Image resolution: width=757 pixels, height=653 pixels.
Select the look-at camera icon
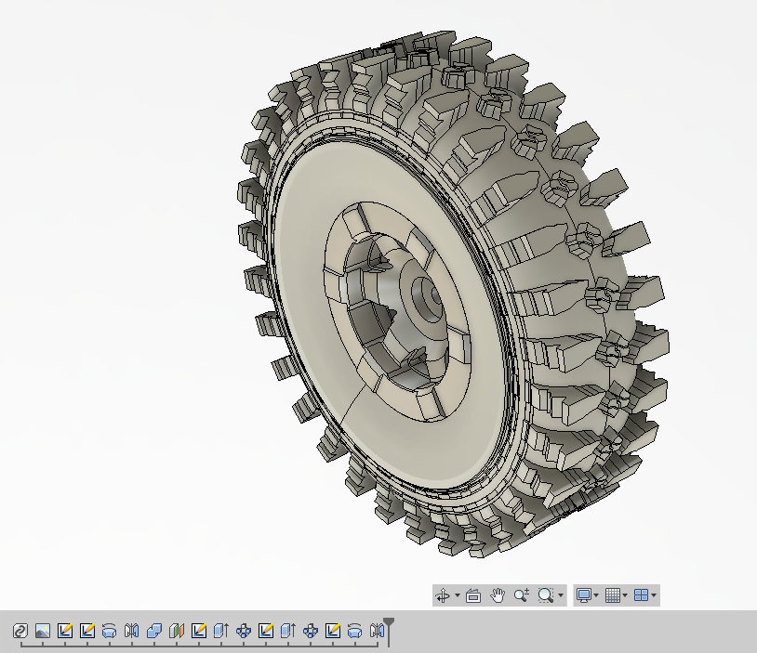click(x=472, y=595)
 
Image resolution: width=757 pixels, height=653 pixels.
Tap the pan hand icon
click(x=498, y=595)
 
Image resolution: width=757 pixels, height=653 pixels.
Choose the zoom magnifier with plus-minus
click(x=521, y=595)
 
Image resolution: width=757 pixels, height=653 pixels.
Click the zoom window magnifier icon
click(x=546, y=595)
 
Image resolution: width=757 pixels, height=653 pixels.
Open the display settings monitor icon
click(x=583, y=595)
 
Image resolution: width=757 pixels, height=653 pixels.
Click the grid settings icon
click(x=612, y=595)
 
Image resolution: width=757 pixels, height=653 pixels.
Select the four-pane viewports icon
click(x=641, y=595)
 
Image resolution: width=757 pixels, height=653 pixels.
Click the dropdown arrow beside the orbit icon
click(x=457, y=596)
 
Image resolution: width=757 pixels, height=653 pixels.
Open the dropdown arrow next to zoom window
click(x=560, y=596)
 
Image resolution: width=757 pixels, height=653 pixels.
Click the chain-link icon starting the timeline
click(x=20, y=632)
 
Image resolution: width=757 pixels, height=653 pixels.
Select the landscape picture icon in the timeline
click(x=43, y=632)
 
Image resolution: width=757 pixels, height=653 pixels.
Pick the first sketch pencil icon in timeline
click(x=65, y=632)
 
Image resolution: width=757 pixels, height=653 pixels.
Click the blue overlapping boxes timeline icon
click(x=154, y=632)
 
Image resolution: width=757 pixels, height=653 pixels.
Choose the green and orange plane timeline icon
click(x=177, y=632)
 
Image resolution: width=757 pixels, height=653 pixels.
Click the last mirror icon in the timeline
click(x=376, y=632)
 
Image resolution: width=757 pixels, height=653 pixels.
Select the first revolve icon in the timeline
click(x=110, y=632)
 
